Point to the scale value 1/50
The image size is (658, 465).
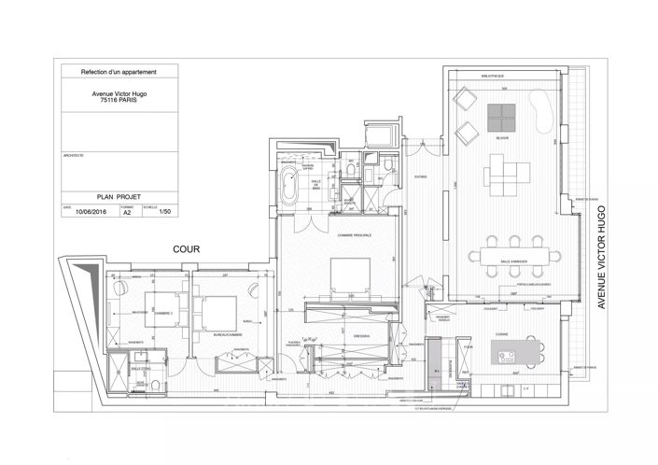click(165, 213)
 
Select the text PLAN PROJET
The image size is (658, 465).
click(118, 198)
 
